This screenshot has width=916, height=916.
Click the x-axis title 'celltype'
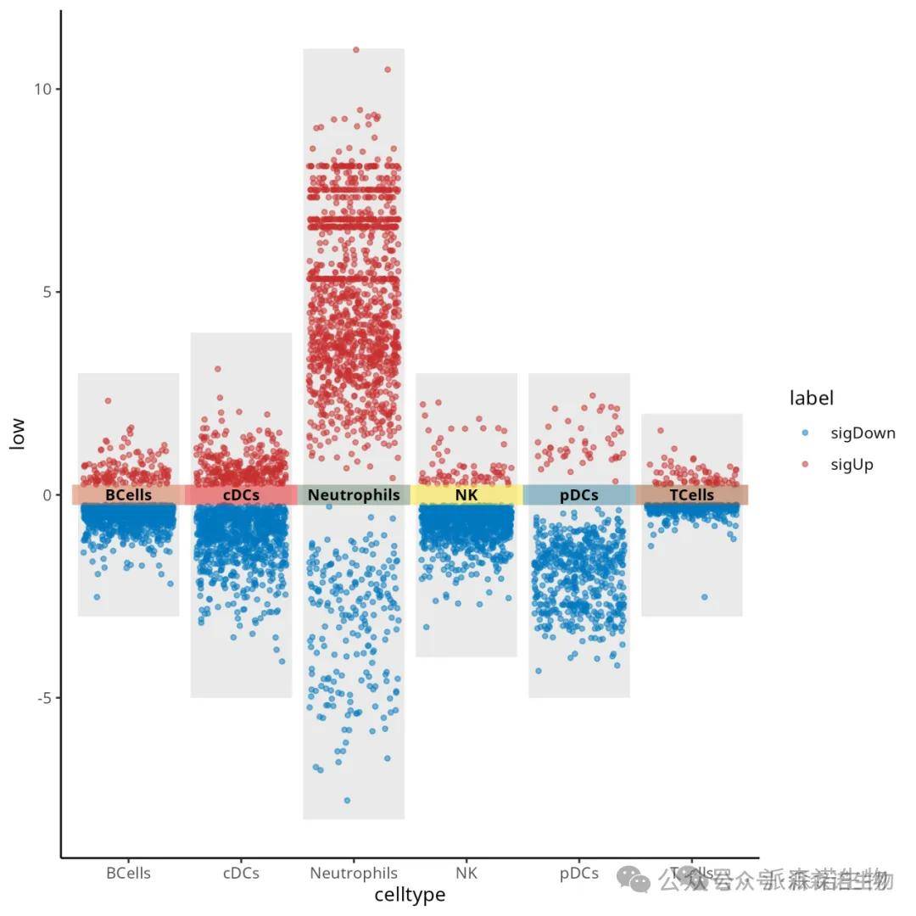410,894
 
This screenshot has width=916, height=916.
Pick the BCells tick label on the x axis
128,873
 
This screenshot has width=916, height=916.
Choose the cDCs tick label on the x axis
241,873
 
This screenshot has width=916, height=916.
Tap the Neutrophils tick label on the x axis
354,873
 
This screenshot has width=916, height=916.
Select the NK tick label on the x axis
466,873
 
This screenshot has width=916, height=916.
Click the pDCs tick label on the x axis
579,873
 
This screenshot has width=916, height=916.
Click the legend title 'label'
811,398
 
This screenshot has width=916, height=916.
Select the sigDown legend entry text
863,433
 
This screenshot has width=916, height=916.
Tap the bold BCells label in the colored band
128,495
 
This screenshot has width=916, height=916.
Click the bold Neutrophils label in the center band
354,495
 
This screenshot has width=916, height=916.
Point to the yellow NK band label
466,495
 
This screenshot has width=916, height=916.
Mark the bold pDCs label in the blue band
579,495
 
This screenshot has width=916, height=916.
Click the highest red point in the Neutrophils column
356,50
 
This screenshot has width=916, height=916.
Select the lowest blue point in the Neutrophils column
347,800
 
